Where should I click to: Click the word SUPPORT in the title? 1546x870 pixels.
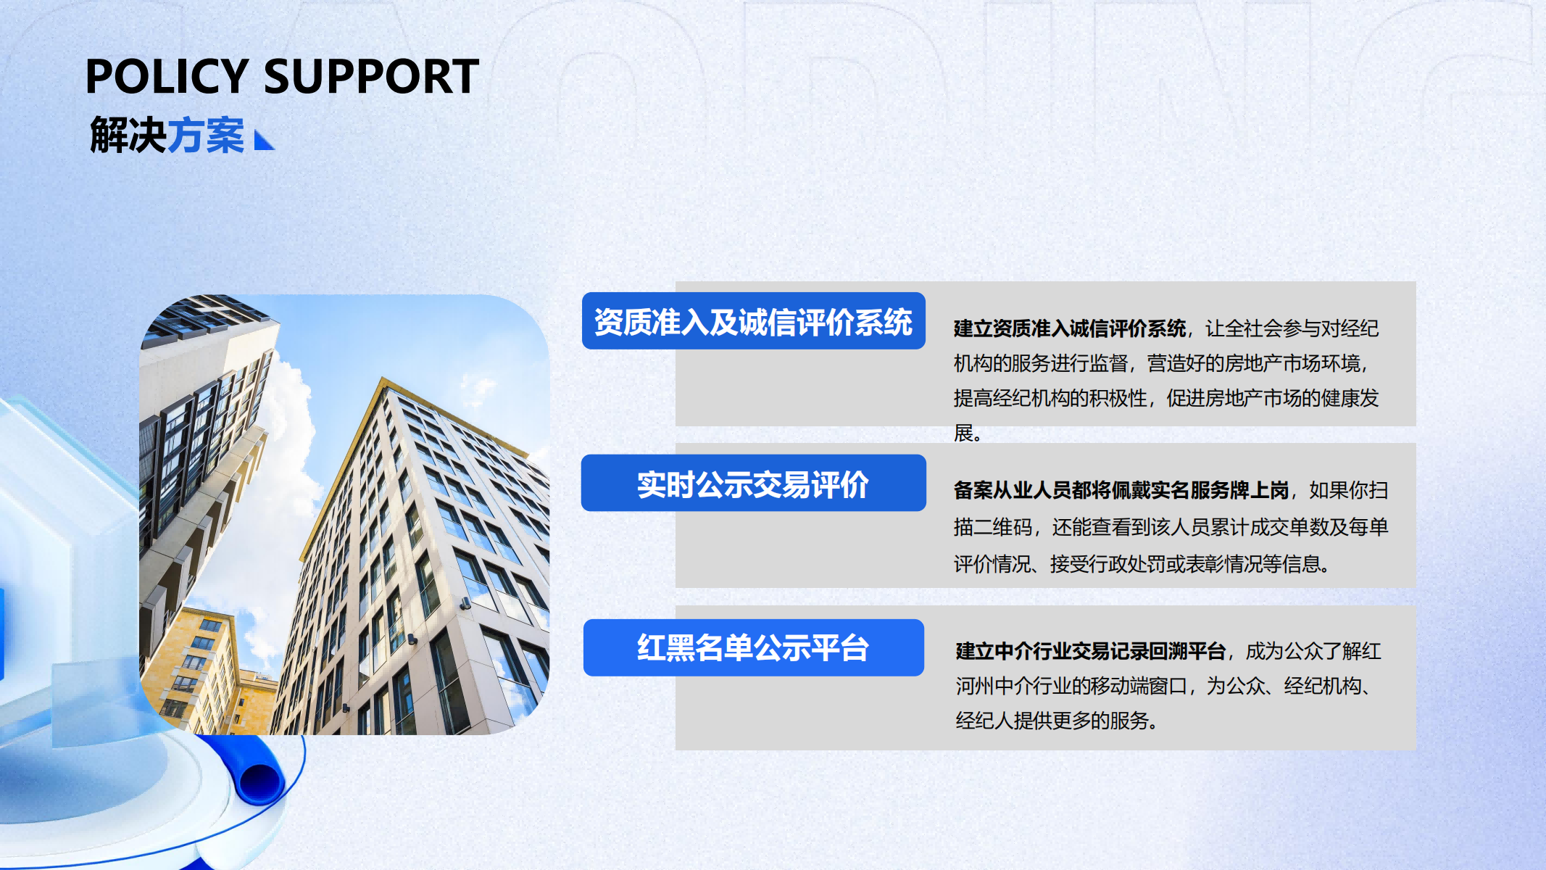371,76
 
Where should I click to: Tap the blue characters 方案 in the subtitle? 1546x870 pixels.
206,136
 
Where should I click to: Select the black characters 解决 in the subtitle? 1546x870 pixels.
128,136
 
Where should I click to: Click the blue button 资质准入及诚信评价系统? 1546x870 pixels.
754,321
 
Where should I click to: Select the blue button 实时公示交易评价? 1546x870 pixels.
754,484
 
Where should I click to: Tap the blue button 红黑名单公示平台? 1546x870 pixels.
754,647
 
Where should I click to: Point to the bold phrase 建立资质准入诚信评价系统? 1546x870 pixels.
1070,328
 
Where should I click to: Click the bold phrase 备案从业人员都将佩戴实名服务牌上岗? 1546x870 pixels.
1121,490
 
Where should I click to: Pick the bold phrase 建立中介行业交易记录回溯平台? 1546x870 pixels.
1090,651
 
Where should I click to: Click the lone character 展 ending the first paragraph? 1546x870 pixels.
963,433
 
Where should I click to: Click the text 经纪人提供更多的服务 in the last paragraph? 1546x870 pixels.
1052,721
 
